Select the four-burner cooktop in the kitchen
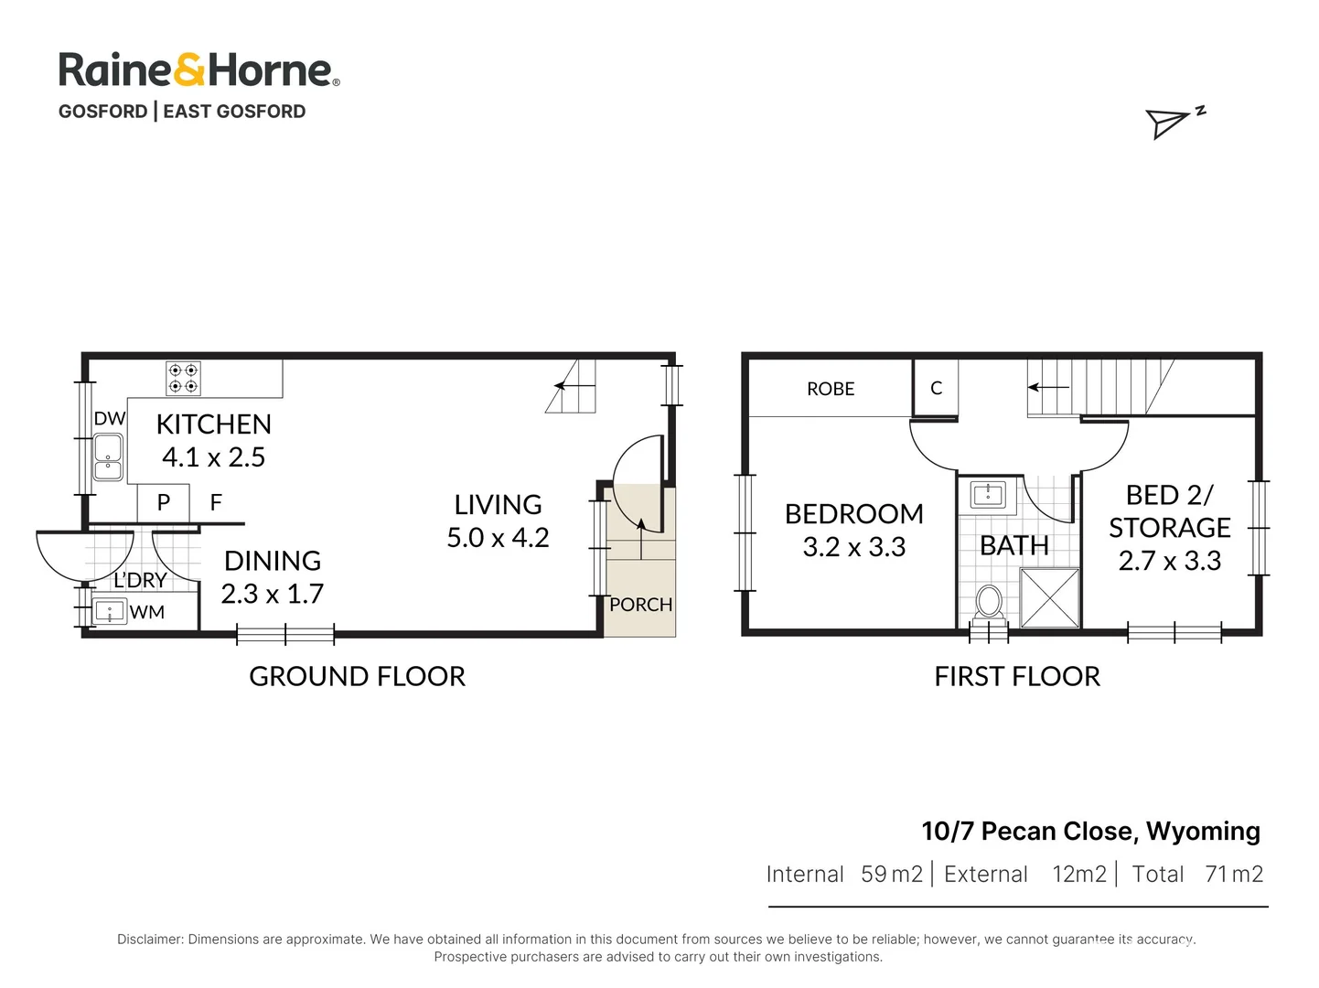click(x=183, y=378)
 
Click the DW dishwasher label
click(x=109, y=418)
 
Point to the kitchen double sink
click(x=108, y=457)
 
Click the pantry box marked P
click(x=164, y=502)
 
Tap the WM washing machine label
click(x=146, y=612)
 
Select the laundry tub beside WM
click(x=110, y=611)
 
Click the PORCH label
click(x=640, y=605)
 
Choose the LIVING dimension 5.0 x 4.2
click(x=498, y=538)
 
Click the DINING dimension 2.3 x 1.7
click(x=273, y=594)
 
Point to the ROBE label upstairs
click(x=831, y=389)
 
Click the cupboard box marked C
click(x=936, y=388)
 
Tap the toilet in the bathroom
click(x=988, y=602)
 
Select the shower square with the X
click(x=1049, y=597)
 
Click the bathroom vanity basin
click(x=988, y=495)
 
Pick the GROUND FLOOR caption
click(x=357, y=676)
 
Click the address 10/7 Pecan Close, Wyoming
click(x=1090, y=831)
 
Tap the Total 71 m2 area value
click(x=1197, y=875)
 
